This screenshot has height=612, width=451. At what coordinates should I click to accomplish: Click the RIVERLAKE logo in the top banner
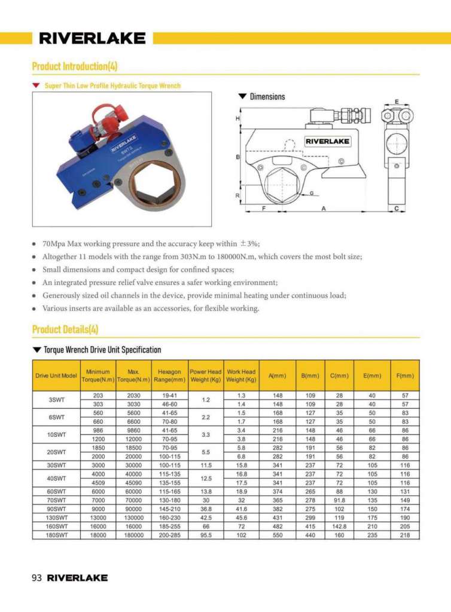point(92,39)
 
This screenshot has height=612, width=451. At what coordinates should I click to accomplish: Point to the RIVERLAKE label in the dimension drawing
point(328,142)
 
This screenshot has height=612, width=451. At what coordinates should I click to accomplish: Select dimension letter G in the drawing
point(312,193)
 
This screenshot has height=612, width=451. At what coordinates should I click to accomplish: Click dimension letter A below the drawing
point(324,209)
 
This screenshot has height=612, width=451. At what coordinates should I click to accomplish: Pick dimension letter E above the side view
point(397,102)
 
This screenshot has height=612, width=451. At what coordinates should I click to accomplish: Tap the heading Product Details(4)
point(65,329)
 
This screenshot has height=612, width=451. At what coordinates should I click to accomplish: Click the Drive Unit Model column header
point(56,375)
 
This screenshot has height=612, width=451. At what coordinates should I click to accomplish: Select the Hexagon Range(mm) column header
point(169,375)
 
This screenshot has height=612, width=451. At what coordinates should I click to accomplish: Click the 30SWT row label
point(56,465)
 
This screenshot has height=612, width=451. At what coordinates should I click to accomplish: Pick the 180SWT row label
point(56,535)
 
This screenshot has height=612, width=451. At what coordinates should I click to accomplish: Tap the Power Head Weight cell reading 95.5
point(206,535)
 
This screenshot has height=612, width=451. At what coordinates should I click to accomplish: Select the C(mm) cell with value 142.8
point(339,527)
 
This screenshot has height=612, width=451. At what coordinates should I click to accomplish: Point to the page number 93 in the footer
point(36,578)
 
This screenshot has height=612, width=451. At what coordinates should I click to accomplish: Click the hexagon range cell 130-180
point(169,500)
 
